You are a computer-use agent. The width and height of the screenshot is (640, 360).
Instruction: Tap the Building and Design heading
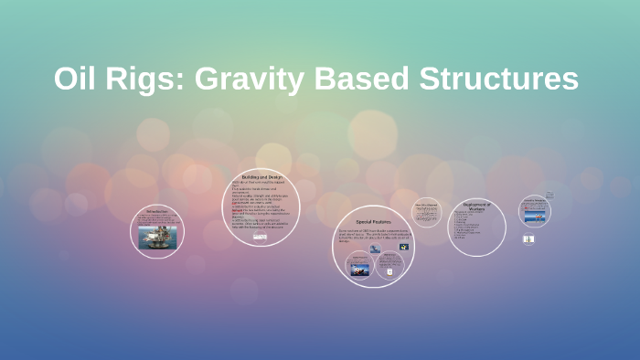click(x=261, y=176)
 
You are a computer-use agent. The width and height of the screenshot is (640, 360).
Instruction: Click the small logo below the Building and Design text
click(x=261, y=238)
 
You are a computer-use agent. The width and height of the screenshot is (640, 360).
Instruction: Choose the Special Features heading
click(x=373, y=222)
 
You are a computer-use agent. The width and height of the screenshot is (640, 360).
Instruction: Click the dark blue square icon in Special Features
click(x=403, y=247)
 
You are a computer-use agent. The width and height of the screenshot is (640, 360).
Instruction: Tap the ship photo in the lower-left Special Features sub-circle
click(x=358, y=269)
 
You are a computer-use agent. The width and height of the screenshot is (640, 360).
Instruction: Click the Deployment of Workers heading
click(x=477, y=206)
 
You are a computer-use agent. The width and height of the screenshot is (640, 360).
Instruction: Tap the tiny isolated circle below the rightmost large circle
click(x=528, y=239)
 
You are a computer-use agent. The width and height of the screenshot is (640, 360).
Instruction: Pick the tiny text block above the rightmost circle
click(x=549, y=195)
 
